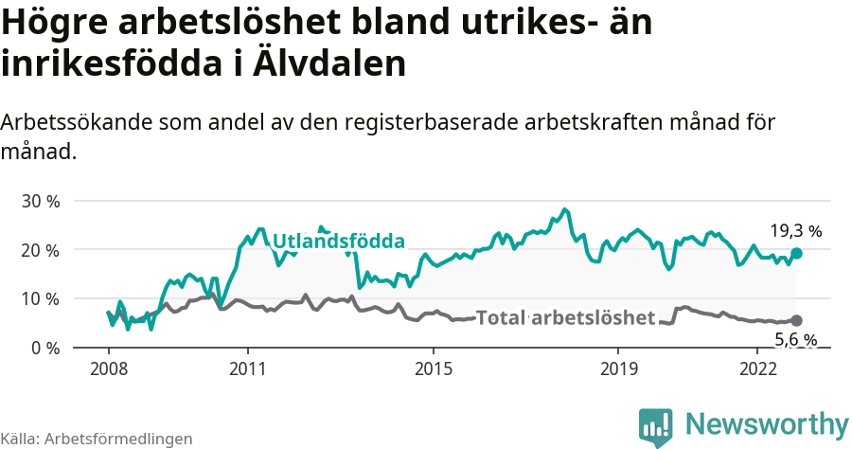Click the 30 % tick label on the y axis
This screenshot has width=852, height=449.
tap(40, 201)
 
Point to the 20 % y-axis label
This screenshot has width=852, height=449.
tap(40, 250)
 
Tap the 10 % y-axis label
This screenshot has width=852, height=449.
tap(40, 298)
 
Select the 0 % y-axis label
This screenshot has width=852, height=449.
tap(44, 348)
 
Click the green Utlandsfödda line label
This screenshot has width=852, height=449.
tap(338, 241)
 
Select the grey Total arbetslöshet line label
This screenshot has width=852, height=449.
tap(565, 317)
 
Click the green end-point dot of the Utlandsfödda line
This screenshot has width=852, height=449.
tap(796, 253)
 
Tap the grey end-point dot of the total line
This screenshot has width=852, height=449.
tap(796, 321)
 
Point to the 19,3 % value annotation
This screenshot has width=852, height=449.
tap(795, 230)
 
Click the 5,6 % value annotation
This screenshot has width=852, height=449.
tap(795, 340)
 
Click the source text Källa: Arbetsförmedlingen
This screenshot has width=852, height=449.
tap(97, 439)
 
